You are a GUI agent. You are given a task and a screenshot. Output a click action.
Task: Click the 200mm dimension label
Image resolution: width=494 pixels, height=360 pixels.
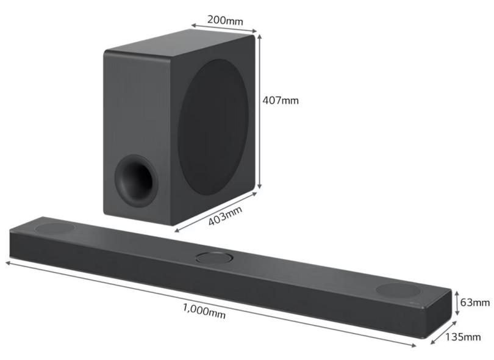coord(224,20)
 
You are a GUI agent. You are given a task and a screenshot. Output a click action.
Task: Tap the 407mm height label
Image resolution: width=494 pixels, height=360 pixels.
coord(281,100)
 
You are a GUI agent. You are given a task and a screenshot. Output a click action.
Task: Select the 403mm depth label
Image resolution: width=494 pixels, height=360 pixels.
coord(225,217)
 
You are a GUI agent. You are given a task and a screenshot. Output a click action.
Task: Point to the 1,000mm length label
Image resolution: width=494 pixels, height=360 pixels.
coord(204,311)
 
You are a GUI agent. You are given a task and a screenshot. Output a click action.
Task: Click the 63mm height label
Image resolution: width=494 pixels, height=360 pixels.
coord(475,302)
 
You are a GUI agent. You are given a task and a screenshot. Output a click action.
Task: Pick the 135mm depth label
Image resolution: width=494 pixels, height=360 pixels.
coord(462,336)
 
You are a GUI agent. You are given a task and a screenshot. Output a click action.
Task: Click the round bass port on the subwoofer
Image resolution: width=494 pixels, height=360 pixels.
coord(136,180)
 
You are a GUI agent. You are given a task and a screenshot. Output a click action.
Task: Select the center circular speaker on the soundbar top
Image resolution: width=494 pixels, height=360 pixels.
coord(215,257)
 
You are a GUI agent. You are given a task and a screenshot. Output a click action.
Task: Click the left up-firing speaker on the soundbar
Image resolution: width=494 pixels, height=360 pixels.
coord(55,228)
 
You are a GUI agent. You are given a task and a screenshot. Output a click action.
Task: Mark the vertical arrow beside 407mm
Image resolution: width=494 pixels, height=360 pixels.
coord(259,112)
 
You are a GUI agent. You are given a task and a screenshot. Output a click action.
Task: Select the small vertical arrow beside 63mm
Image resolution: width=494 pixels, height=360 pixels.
coord(457,303)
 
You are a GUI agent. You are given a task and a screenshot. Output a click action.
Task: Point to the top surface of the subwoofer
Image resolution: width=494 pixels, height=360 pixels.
coord(177,45)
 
